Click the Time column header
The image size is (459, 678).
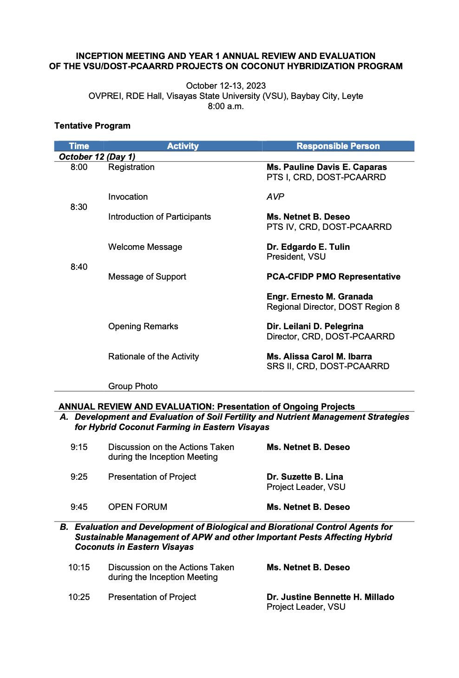pos(79,146)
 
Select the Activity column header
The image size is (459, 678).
pos(183,146)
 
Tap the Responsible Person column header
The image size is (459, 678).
pos(338,146)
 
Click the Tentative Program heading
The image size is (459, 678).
pos(92,126)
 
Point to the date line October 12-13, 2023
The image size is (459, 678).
pos(226,86)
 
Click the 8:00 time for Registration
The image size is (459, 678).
pos(79,167)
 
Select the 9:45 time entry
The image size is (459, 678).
pos(79,507)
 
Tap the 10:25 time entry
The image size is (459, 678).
pos(79,597)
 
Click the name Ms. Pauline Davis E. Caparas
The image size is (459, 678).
pos(327,167)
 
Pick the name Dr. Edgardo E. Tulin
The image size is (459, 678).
pos(308,247)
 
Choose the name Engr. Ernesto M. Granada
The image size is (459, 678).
pos(320,297)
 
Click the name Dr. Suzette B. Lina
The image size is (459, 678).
pos(305,477)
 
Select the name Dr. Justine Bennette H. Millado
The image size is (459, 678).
pos(330,597)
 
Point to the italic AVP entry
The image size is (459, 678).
pos(275,197)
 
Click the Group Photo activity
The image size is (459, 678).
pos(133,386)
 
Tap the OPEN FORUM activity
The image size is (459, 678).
pos(138,507)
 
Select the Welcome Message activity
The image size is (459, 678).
pos(145,247)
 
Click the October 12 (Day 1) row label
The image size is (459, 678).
pos(97,157)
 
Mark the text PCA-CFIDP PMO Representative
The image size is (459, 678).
pos(333,277)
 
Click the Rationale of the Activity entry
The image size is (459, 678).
pos(153,357)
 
